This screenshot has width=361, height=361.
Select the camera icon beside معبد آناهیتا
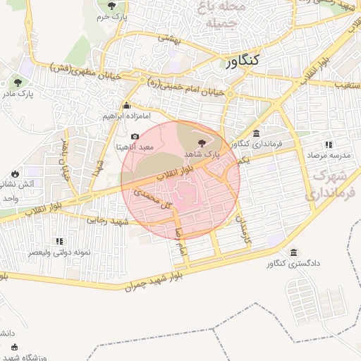[x=135, y=136]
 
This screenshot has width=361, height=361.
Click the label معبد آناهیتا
[x=131, y=148]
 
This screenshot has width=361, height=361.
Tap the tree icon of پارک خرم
[x=111, y=6]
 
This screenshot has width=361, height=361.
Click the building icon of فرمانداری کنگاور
[x=255, y=133]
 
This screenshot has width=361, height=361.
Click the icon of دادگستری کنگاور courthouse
[x=293, y=253]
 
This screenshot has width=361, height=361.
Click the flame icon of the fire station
[x=15, y=173]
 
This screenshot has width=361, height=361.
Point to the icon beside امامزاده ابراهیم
[x=127, y=105]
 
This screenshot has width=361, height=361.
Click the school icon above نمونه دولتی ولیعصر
[x=59, y=241]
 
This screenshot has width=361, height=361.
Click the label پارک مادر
[x=18, y=94]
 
